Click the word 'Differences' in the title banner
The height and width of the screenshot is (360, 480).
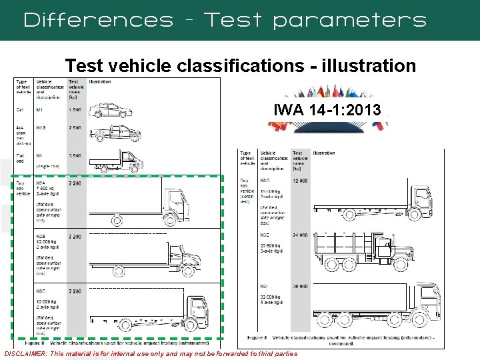(x=97, y=20)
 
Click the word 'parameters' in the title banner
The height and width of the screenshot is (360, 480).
(x=349, y=21)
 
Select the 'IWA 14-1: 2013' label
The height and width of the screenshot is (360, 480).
(x=327, y=110)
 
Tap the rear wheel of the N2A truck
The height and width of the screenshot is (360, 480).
(x=116, y=219)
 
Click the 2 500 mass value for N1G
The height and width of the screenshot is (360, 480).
(x=75, y=128)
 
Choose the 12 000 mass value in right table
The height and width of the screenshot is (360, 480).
(x=299, y=181)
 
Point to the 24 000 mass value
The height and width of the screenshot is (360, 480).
(x=299, y=235)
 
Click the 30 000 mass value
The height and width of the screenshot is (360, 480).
(x=299, y=286)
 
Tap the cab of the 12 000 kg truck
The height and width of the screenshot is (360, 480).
(x=421, y=197)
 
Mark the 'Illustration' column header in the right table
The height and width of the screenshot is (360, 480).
(x=324, y=153)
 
